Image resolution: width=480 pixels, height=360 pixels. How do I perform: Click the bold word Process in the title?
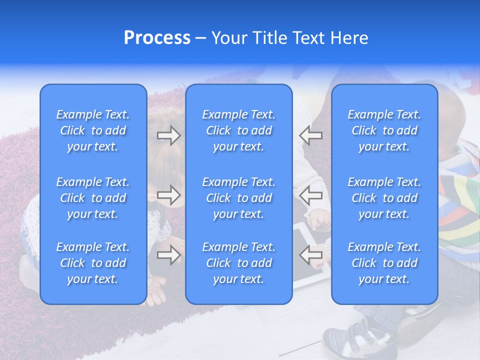coord(157,38)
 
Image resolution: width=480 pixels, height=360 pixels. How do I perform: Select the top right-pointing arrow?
coord(169,135)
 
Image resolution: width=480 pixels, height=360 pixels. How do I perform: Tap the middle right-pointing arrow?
coord(169,195)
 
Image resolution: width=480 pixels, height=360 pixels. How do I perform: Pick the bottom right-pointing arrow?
coord(169,255)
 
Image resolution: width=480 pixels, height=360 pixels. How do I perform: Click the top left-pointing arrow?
coord(310,135)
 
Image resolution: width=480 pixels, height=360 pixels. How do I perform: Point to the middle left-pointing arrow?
coord(310,195)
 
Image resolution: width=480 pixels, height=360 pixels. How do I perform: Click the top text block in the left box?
coord(93,130)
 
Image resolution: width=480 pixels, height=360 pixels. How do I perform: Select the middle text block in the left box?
coord(93,198)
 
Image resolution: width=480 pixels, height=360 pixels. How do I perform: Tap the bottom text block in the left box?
coord(93,263)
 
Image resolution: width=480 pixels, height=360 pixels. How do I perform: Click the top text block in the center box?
coord(238,130)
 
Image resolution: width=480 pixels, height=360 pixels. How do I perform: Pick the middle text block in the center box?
coord(238,198)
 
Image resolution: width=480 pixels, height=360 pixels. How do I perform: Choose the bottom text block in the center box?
coord(238,263)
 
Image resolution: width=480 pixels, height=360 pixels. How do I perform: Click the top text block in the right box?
coord(384,130)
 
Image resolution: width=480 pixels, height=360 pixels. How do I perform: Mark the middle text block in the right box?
coord(384,198)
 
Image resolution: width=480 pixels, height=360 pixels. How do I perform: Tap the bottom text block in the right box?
coord(384,263)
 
